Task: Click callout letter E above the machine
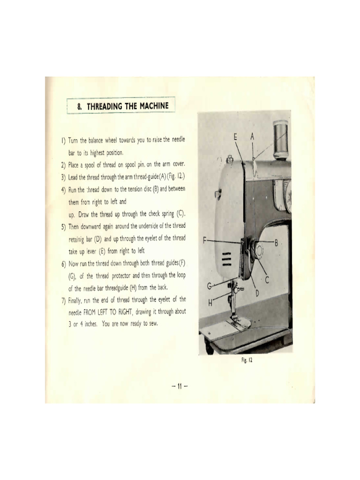(236, 136)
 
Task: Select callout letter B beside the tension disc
(277, 242)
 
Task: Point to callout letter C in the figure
(268, 280)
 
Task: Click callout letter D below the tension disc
(257, 293)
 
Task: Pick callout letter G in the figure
(210, 286)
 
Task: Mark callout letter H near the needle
(210, 303)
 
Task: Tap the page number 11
(180, 386)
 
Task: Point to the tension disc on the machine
(257, 249)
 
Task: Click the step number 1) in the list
(63, 141)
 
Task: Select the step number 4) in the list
(63, 190)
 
